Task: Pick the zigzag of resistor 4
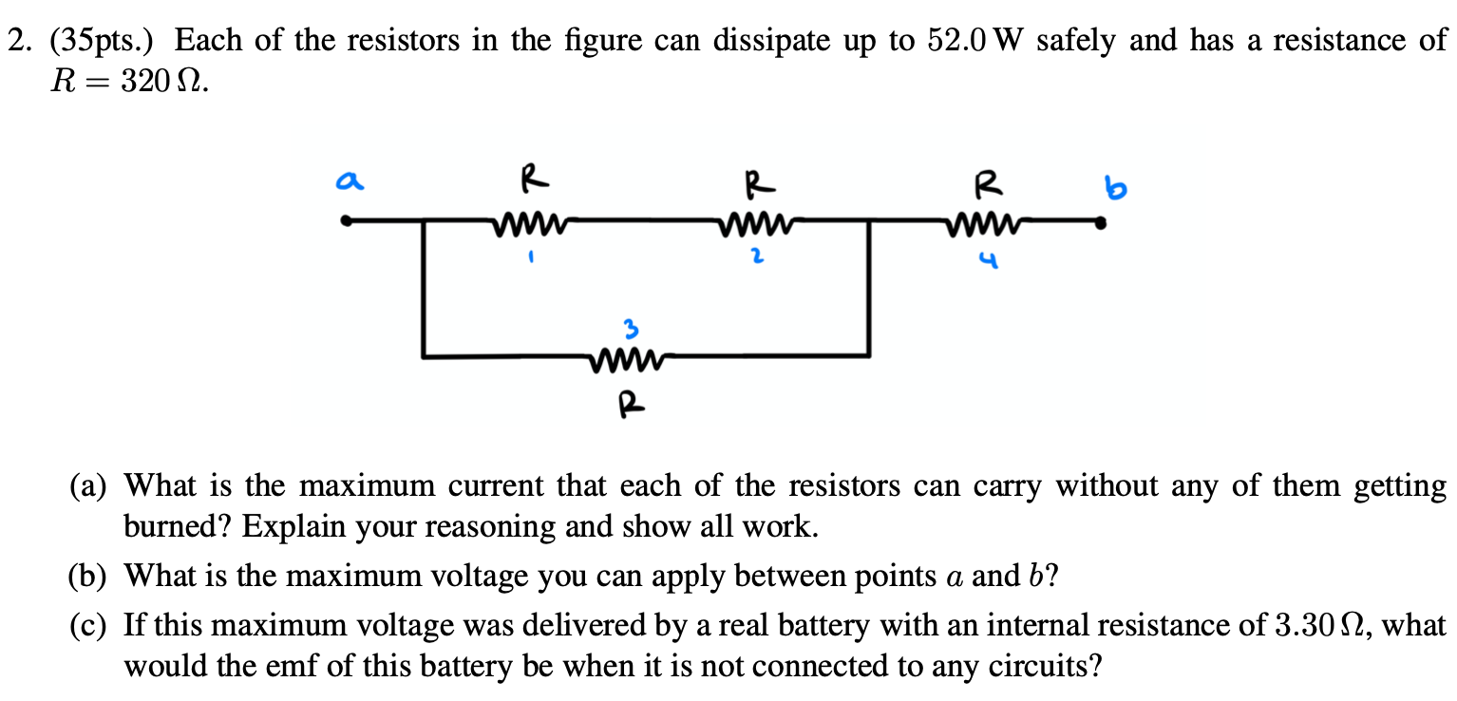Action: pyautogui.click(x=982, y=225)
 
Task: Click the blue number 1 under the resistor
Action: pyautogui.click(x=533, y=256)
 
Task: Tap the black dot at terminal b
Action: pyautogui.click(x=1101, y=225)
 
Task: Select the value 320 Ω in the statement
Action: pyautogui.click(x=158, y=84)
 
